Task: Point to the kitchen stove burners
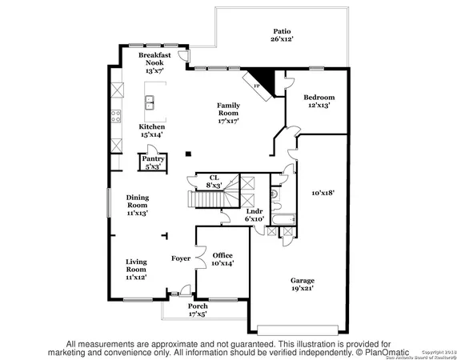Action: click(x=115, y=111)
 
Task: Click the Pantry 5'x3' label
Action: click(x=152, y=163)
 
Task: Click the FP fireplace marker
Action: click(x=257, y=85)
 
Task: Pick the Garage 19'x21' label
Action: click(x=302, y=285)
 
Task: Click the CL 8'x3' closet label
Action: click(x=214, y=181)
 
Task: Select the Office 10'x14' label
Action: click(x=222, y=258)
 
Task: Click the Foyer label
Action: click(x=181, y=258)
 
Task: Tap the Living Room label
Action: click(x=135, y=270)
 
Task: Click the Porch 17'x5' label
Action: click(x=197, y=310)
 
